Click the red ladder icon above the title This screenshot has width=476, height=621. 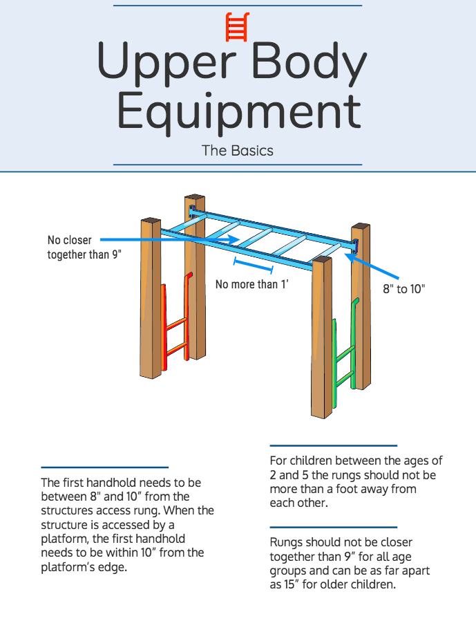(237, 28)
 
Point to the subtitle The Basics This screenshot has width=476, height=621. (238, 150)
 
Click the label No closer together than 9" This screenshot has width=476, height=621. (84, 247)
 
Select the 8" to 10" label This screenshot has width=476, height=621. (404, 288)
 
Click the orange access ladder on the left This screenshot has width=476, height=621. (175, 325)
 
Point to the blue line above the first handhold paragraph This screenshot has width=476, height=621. (104, 467)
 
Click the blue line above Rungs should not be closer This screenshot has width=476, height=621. (333, 527)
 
